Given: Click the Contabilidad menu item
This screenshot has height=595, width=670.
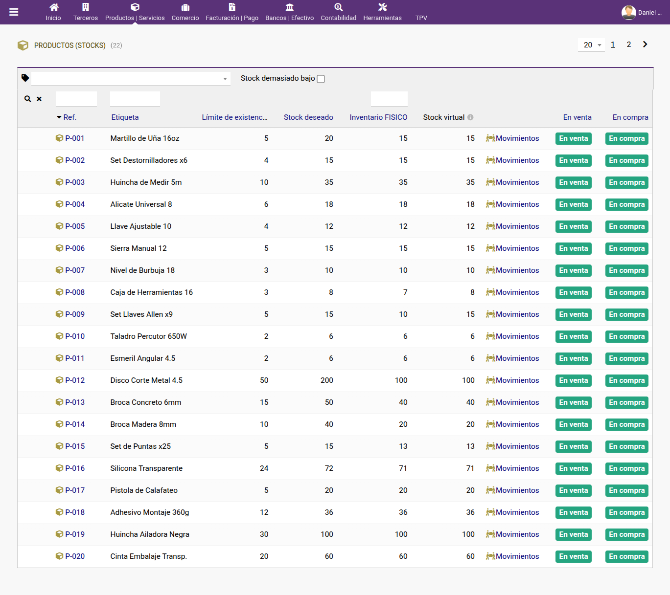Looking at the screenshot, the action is tap(338, 12).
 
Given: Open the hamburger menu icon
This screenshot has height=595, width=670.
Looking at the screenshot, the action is tap(14, 12).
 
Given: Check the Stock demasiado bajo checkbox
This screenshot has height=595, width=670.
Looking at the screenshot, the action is tap(321, 79).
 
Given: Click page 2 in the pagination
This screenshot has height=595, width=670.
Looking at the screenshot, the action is tap(629, 44).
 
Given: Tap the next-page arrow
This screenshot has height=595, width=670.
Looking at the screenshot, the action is tap(645, 44).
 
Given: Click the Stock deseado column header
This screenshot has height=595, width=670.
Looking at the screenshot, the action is tap(308, 117).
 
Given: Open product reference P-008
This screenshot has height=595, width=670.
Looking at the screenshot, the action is tap(75, 292).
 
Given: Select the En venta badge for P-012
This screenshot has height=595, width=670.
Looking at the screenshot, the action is tap(574, 380).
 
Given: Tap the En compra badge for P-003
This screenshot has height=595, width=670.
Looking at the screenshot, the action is tap(626, 182).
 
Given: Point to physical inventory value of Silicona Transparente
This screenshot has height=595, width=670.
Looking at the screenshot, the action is tap(403, 468).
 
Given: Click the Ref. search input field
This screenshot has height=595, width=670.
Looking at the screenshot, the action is tap(76, 99).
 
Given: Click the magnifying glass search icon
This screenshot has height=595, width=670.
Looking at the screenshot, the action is tap(27, 99).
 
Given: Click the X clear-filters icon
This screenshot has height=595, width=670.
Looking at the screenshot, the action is tap(39, 99).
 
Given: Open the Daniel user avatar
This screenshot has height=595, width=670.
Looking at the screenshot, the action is tap(628, 13).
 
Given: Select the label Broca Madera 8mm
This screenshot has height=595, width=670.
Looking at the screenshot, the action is tap(143, 424).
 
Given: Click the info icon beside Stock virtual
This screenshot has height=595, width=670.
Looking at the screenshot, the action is tap(470, 117).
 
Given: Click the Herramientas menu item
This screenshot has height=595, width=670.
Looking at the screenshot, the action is tap(382, 12).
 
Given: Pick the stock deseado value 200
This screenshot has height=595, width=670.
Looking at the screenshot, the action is tap(327, 380).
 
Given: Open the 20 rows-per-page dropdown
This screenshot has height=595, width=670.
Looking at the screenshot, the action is tap(591, 45).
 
